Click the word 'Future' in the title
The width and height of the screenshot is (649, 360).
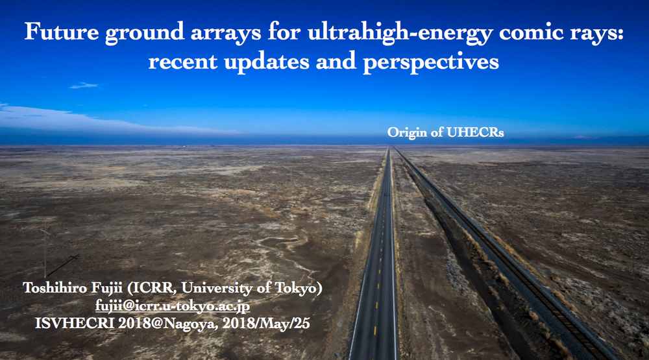(x=62, y=31)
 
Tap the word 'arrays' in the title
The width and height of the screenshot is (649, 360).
(x=226, y=33)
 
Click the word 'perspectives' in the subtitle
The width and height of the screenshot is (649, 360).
(x=431, y=63)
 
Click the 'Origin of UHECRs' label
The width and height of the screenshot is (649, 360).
(x=445, y=132)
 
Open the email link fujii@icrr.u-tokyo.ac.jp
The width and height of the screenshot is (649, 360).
(x=173, y=306)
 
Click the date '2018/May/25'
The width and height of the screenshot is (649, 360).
(x=266, y=323)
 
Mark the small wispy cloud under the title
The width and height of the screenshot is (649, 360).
(x=85, y=86)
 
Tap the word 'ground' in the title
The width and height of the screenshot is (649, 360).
(x=145, y=33)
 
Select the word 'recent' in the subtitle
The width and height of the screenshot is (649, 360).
(x=182, y=62)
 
